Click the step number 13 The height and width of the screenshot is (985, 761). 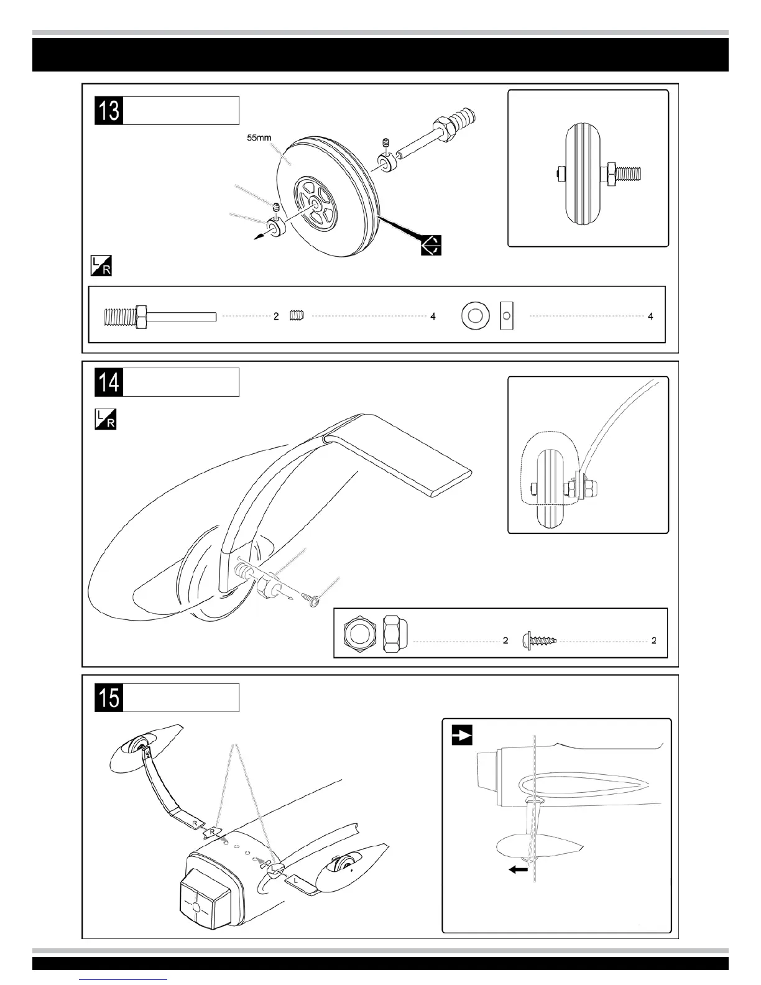(109, 111)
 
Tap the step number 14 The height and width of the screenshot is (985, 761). (109, 382)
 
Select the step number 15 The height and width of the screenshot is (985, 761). (109, 697)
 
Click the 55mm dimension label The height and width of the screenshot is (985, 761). (259, 137)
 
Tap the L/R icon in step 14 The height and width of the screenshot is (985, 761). (105, 419)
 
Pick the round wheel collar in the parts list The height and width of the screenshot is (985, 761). (474, 317)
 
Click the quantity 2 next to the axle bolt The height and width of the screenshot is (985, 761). (276, 317)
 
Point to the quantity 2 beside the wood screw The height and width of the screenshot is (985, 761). (653, 640)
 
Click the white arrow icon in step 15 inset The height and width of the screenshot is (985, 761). (461, 735)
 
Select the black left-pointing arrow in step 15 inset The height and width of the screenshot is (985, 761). (518, 870)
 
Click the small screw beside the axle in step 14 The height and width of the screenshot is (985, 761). (311, 598)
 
